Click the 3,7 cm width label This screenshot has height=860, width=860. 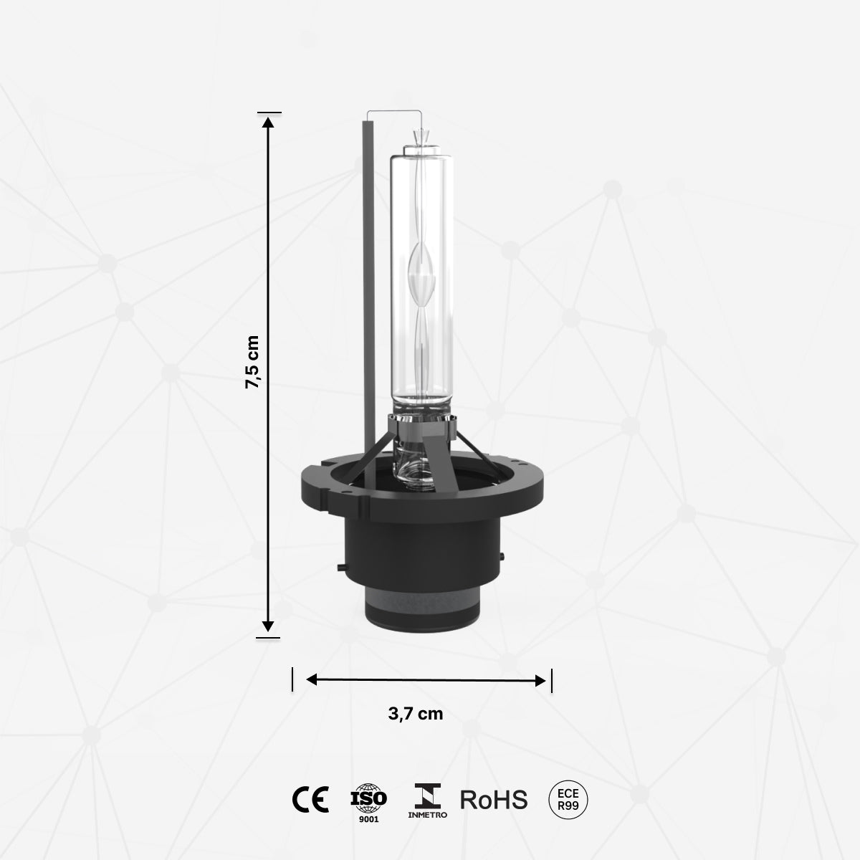click(416, 714)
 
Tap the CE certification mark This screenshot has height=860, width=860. click(310, 798)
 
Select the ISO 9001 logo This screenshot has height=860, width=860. click(368, 801)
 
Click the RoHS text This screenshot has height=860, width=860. click(493, 799)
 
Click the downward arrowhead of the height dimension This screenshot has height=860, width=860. click(268, 625)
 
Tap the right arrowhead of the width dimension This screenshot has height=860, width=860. click(540, 680)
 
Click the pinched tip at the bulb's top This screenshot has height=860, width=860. click(421, 135)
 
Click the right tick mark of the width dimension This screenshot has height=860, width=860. click(551, 680)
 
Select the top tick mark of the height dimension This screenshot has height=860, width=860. click(269, 113)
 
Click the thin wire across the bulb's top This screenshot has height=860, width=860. click(394, 112)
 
